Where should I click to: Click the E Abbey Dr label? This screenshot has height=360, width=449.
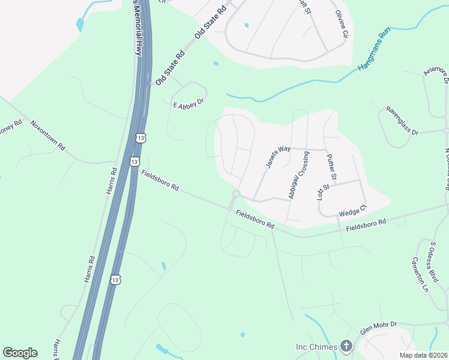tap(189, 105)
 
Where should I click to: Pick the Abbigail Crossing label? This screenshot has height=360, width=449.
tap(298, 179)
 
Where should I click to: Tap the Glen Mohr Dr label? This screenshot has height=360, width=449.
tap(379, 327)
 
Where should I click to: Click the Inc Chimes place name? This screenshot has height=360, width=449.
tap(316, 347)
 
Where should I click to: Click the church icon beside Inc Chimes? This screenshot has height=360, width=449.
tap(346, 346)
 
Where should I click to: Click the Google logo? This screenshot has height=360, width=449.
tap(20, 353)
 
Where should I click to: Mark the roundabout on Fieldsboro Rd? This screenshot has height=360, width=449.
tap(236, 194)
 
